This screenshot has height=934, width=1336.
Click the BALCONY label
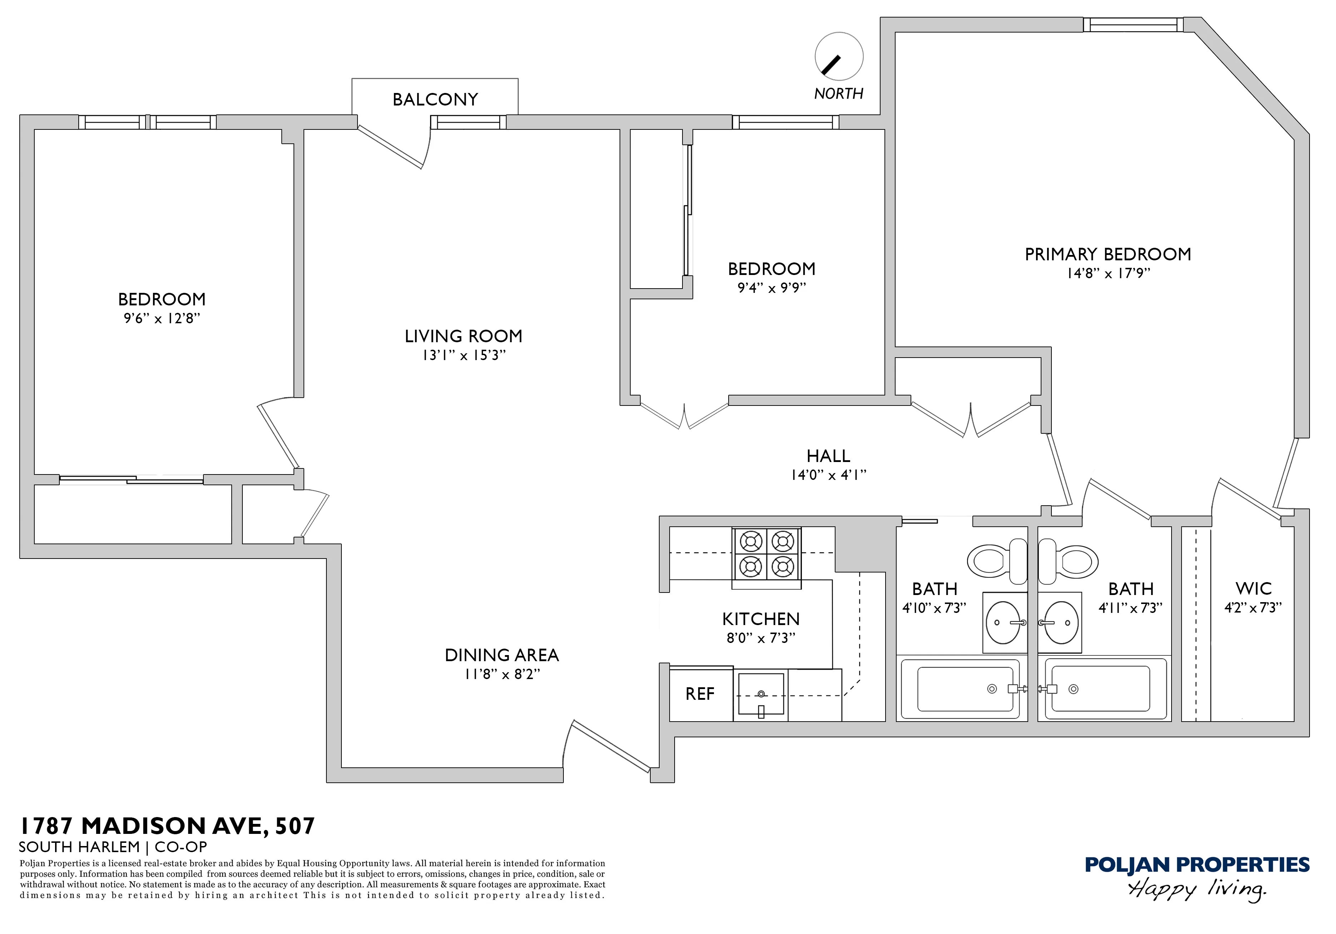tap(435, 99)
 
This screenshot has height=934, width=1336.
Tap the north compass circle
tap(838, 56)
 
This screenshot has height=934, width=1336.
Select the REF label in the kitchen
tap(699, 694)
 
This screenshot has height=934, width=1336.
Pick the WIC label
tap(1253, 588)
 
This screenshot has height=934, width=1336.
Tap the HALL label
tap(828, 456)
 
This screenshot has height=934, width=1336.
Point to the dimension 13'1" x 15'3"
tap(464, 355)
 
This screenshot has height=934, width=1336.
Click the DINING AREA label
tap(502, 655)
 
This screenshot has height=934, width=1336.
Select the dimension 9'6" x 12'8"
tap(162, 318)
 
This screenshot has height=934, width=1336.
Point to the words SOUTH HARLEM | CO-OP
tap(113, 847)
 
